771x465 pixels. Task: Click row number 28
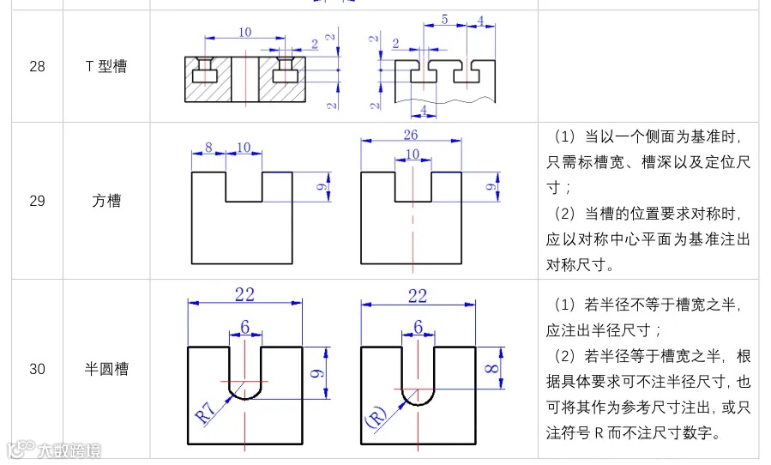37,66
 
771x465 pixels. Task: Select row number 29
37,202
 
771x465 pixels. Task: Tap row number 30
37,369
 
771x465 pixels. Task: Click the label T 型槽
106,66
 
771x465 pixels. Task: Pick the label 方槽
106,202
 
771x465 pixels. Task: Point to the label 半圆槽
106,369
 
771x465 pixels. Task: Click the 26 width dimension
411,134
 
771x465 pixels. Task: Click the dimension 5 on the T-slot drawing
443,18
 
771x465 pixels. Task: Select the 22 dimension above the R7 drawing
244,295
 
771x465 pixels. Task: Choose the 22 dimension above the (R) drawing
418,295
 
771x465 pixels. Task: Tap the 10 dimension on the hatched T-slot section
244,33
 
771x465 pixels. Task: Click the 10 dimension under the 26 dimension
413,154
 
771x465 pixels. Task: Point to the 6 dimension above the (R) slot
418,326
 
